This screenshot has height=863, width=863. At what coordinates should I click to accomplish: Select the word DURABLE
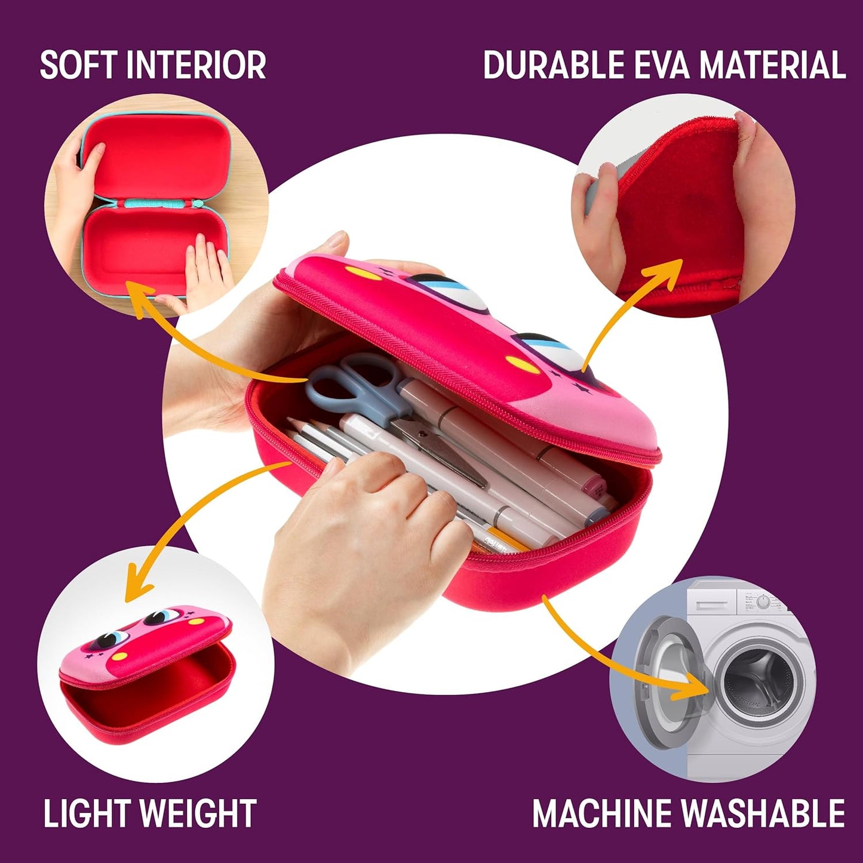coord(554,65)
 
